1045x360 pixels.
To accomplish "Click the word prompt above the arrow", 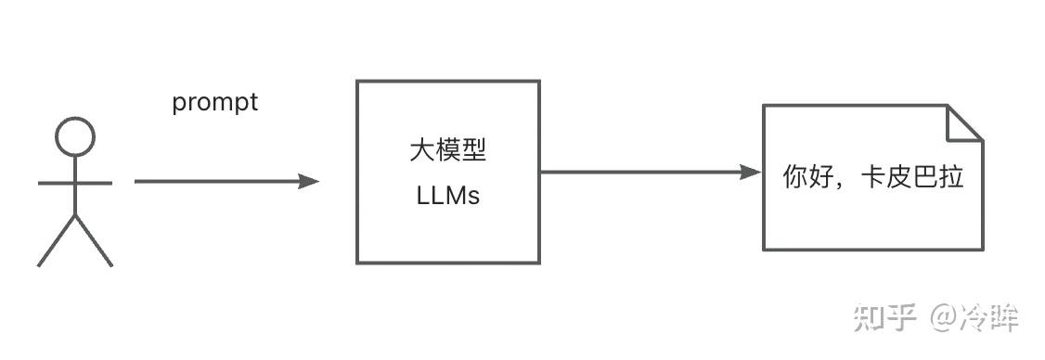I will pos(214,102).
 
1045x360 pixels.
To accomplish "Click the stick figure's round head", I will pos(75,137).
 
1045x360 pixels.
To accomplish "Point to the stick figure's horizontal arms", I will pos(75,183).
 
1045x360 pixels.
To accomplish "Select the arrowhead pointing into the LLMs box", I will pos(309,182).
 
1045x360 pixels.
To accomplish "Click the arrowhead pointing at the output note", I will pos(751,172).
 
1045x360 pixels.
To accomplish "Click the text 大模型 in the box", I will pos(447,150).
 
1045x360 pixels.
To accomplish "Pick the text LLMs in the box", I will pos(447,197).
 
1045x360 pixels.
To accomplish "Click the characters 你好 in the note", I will pos(806,176).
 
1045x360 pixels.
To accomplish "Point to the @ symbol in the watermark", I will pos(943,318).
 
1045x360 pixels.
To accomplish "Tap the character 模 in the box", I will pos(447,150).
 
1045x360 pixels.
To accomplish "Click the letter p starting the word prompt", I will pos(178,104).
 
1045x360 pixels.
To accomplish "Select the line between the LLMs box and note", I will pos(640,172).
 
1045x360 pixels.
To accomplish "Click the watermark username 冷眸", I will pos(990,317).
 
